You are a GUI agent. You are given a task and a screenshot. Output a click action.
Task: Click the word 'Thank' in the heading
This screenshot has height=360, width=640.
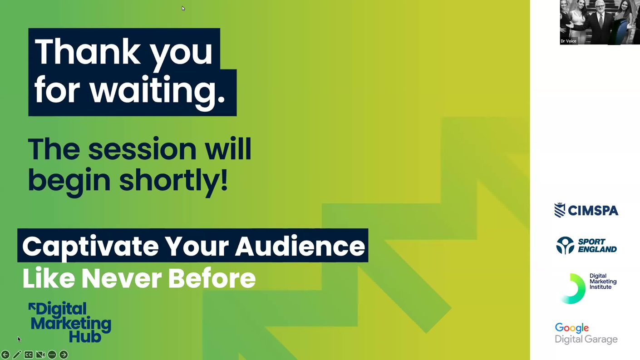(88, 52)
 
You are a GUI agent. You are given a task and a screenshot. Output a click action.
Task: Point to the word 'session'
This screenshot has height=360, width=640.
(142, 149)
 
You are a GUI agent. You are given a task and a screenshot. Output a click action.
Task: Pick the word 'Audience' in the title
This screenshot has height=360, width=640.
(300, 246)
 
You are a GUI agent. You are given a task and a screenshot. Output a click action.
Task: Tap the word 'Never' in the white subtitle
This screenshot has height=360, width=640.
(122, 278)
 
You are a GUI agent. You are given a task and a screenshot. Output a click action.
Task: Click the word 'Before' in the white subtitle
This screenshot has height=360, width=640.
(212, 278)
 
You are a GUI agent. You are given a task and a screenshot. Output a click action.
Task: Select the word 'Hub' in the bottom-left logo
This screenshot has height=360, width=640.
(85, 336)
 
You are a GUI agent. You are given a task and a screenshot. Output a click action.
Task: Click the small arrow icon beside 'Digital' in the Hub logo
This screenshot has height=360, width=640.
(32, 306)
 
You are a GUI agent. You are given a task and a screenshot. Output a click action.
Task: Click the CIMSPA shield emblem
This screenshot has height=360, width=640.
(560, 210)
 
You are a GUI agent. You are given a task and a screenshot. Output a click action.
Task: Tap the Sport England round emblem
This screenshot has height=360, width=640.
(565, 246)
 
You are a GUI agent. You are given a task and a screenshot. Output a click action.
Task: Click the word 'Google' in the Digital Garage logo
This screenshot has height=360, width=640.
(572, 328)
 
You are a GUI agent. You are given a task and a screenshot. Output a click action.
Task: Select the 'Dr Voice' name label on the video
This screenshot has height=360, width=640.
(568, 41)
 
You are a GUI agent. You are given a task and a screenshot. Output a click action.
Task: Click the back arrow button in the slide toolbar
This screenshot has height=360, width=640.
(5, 355)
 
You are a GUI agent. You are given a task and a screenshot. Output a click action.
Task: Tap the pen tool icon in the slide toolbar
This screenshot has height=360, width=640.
(17, 355)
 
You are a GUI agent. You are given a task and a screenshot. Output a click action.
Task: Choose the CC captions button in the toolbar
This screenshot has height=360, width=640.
(29, 355)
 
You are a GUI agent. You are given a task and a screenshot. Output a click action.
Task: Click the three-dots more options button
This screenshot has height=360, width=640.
(52, 355)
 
